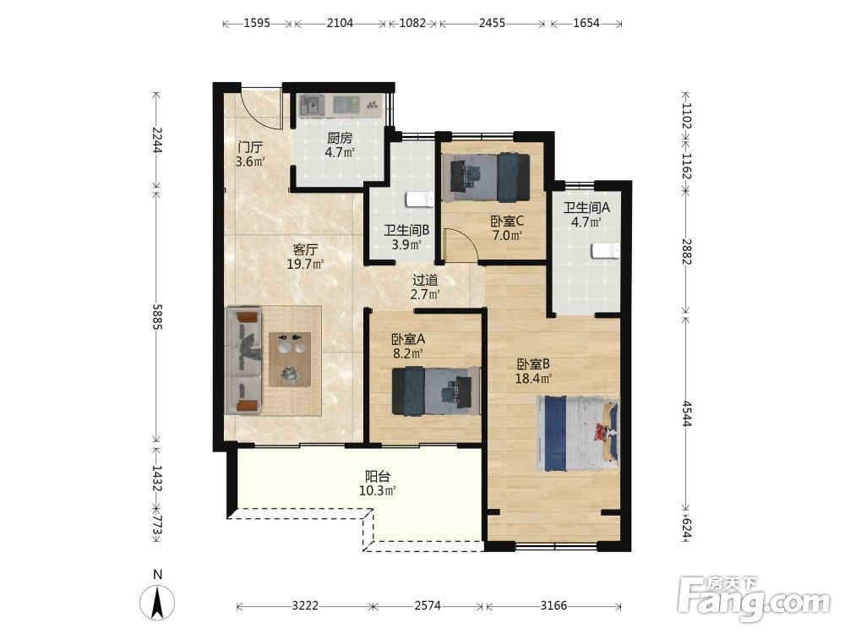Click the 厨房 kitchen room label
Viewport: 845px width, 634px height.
340,139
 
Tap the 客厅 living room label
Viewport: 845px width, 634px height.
305,249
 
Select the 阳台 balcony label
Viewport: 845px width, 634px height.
377,477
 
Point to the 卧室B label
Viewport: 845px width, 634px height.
533,363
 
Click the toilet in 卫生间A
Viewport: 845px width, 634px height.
605,251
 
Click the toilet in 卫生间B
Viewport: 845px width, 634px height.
420,199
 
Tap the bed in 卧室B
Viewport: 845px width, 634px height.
577,434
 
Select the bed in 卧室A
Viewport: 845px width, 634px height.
436,391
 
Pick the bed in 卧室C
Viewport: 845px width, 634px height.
486,178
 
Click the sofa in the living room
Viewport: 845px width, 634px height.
243,361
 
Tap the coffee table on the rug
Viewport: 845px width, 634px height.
290,359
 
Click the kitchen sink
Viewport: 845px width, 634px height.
313,105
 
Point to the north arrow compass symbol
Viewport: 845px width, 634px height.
157,601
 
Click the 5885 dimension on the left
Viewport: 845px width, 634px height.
157,316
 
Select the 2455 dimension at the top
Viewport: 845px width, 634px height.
492,23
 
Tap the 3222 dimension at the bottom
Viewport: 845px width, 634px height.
305,605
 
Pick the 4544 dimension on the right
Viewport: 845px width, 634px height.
686,413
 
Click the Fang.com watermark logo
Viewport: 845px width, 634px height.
754,598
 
